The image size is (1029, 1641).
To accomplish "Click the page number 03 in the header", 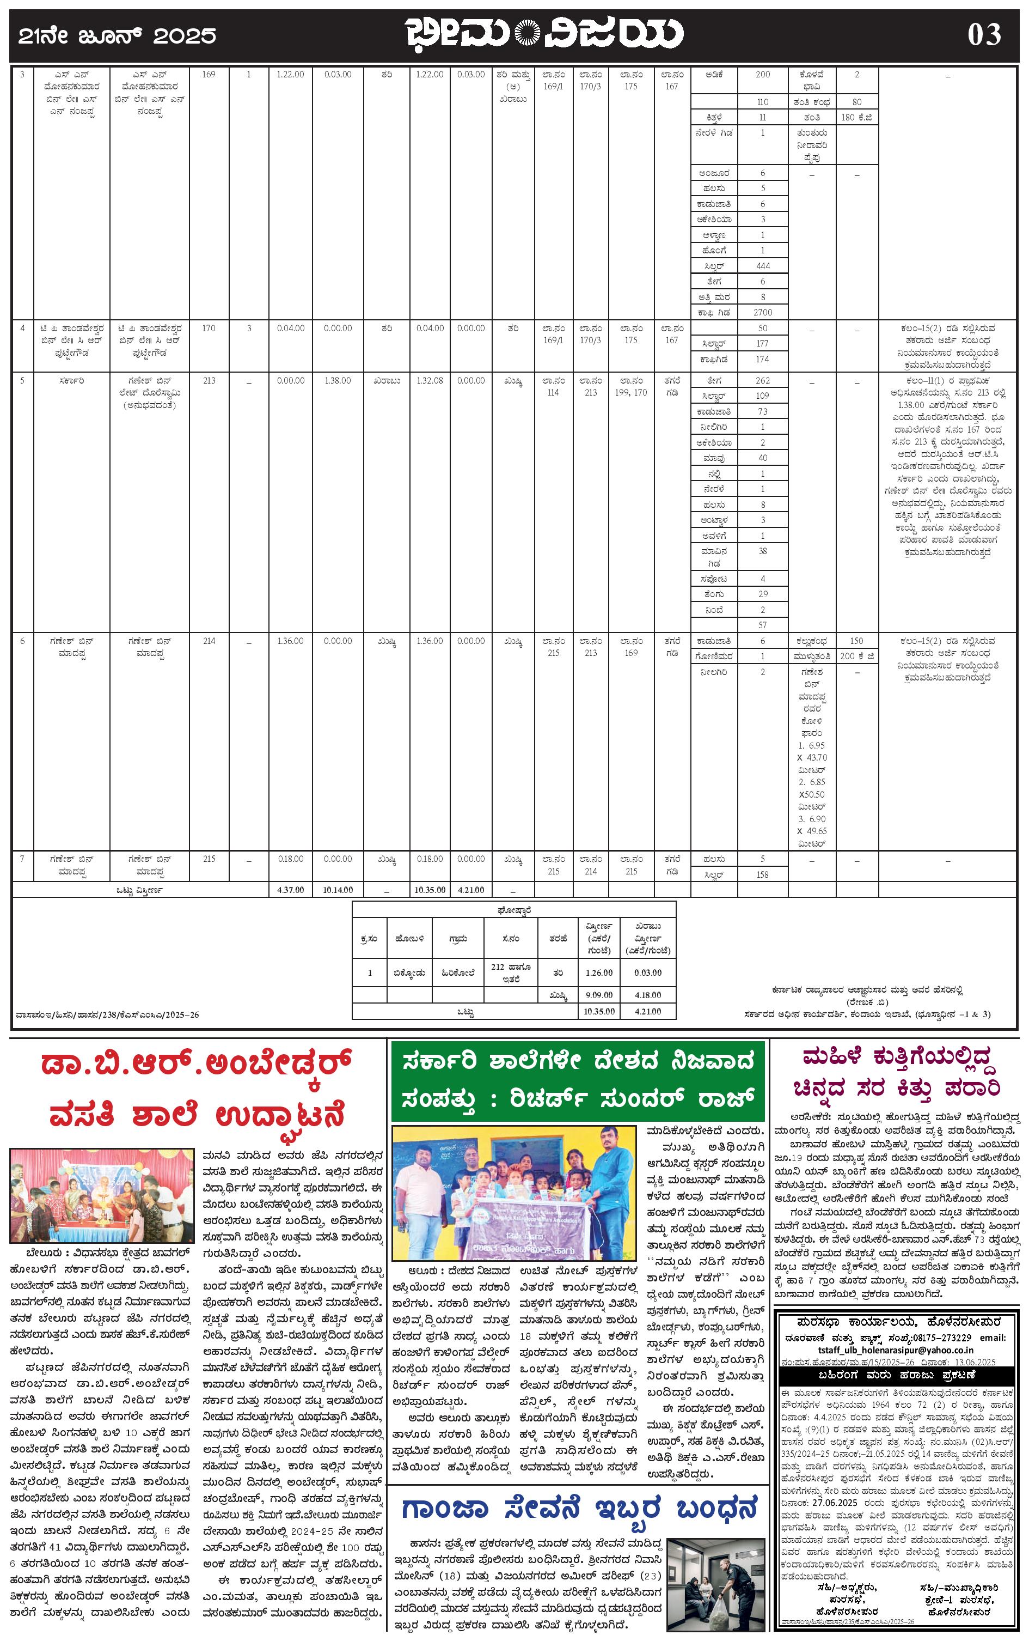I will (x=984, y=35).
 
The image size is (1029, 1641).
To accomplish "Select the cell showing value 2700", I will (x=762, y=313).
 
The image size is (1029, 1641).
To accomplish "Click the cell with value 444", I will (x=762, y=265).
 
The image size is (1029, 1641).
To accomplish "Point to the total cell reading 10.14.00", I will (x=338, y=890).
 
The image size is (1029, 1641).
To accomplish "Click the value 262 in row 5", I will (x=762, y=381).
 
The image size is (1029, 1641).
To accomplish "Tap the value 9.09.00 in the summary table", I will (x=599, y=995).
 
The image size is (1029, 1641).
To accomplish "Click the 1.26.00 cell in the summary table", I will (x=599, y=973).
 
